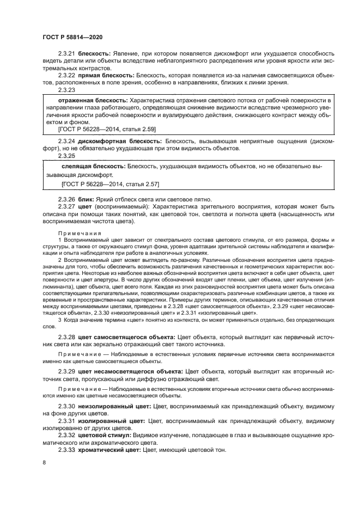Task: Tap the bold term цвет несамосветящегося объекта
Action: [x=129, y=371]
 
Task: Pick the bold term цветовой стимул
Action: [x=105, y=436]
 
